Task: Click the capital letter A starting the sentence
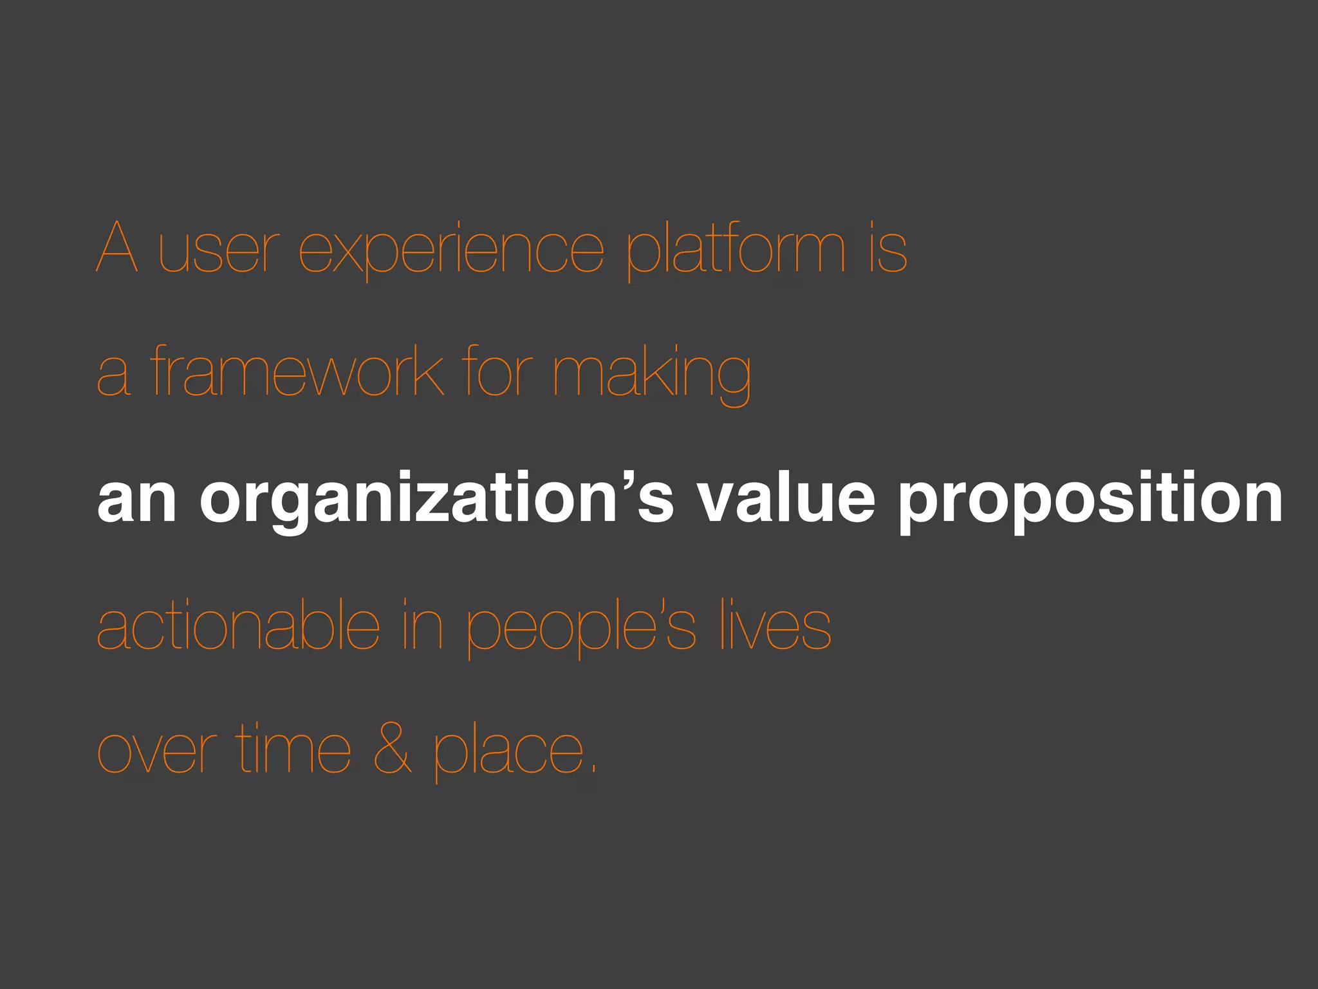[x=117, y=247]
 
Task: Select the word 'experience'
[x=451, y=251]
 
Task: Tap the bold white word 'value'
[x=786, y=499]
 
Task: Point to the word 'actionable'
[x=238, y=625]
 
